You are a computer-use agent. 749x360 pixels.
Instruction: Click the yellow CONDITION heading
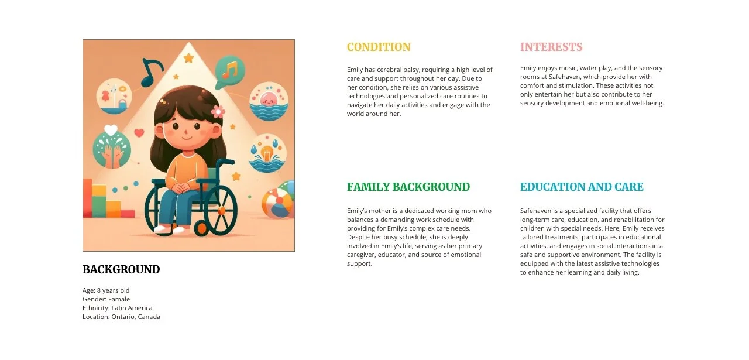(379, 47)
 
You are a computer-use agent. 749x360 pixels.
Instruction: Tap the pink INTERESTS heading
(551, 47)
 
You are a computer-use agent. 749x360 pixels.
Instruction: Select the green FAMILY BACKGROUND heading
(408, 187)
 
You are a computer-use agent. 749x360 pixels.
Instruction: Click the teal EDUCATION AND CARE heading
(582, 187)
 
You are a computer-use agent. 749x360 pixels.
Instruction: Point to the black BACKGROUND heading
(121, 270)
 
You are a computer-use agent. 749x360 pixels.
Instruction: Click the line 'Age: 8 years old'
(106, 290)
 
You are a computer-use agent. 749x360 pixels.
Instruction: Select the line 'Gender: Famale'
(106, 299)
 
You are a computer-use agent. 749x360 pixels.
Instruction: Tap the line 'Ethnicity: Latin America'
(117, 308)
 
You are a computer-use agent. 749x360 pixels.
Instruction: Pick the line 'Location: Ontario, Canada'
(121, 317)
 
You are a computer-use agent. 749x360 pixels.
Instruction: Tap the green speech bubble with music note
(229, 71)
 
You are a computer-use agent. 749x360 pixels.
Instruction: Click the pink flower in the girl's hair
(218, 111)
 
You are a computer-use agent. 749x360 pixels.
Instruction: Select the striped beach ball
(276, 202)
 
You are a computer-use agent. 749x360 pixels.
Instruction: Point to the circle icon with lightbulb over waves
(267, 153)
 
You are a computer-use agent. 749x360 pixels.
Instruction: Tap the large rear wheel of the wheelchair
(220, 211)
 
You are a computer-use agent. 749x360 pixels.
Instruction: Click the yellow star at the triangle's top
(188, 58)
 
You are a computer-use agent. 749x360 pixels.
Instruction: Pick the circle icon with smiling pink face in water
(269, 101)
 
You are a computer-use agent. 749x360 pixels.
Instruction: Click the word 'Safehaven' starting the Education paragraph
(535, 211)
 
